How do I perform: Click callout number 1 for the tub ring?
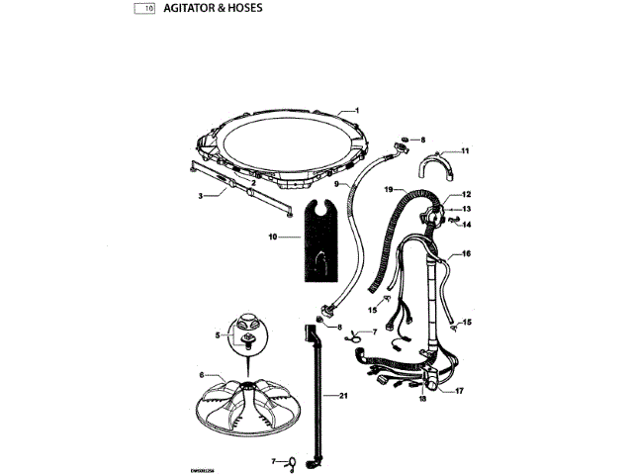[357, 111]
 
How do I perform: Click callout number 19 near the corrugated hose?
[389, 188]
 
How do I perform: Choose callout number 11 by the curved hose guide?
[465, 150]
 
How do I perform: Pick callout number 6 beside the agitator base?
[202, 375]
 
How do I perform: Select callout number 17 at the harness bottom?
[459, 391]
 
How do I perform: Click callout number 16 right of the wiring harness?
[466, 253]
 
